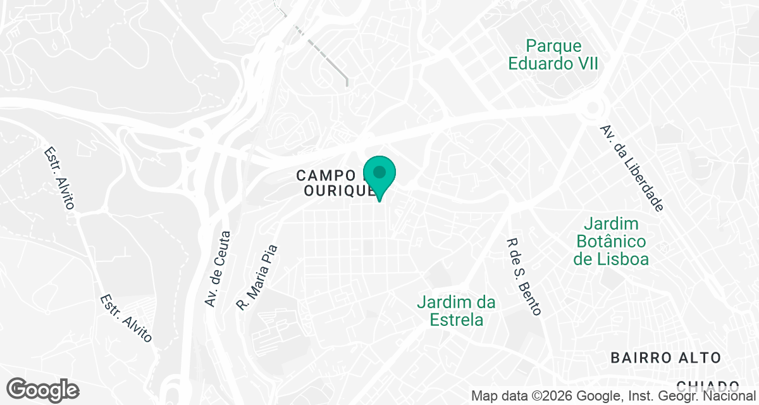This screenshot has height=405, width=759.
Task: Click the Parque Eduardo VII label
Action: pos(553,55)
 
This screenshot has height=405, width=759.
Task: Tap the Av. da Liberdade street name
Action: pos(632,168)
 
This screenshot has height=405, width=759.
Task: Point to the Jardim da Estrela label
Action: pos(456,311)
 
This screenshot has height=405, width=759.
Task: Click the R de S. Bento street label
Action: pos(524,277)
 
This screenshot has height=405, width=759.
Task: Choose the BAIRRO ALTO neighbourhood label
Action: pos(665,358)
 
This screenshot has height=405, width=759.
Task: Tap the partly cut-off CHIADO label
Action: pos(708,385)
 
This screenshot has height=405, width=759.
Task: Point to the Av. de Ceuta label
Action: pos(218,269)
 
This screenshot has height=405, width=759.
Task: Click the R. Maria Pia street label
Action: pos(257,277)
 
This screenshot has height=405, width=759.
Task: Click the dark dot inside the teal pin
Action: pos(379,171)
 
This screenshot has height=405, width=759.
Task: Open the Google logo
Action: pos(42,390)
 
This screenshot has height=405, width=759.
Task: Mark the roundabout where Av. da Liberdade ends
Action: pos(593,108)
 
